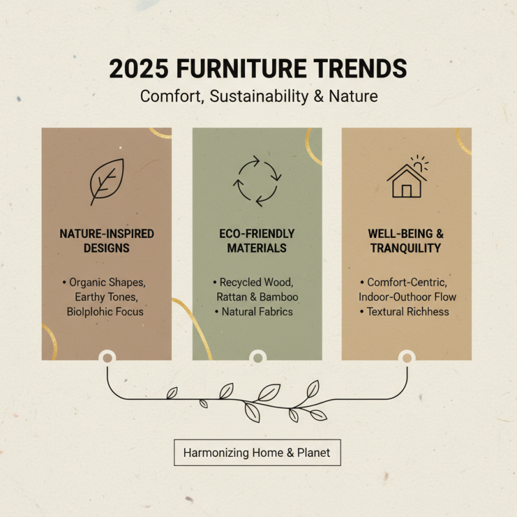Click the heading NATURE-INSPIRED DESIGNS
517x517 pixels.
[107, 240]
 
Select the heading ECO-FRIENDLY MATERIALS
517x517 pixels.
[257, 240]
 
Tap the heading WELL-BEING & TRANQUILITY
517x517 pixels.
[406, 240]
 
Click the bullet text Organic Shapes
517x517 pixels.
[111, 282]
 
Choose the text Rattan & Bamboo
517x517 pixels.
[257, 297]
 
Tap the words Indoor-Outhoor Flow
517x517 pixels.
[407, 297]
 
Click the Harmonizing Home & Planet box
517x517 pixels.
[257, 453]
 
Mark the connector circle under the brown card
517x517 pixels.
[107, 356]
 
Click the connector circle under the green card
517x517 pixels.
[257, 356]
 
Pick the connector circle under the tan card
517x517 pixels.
[407, 356]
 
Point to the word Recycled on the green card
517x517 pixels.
[244, 282]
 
